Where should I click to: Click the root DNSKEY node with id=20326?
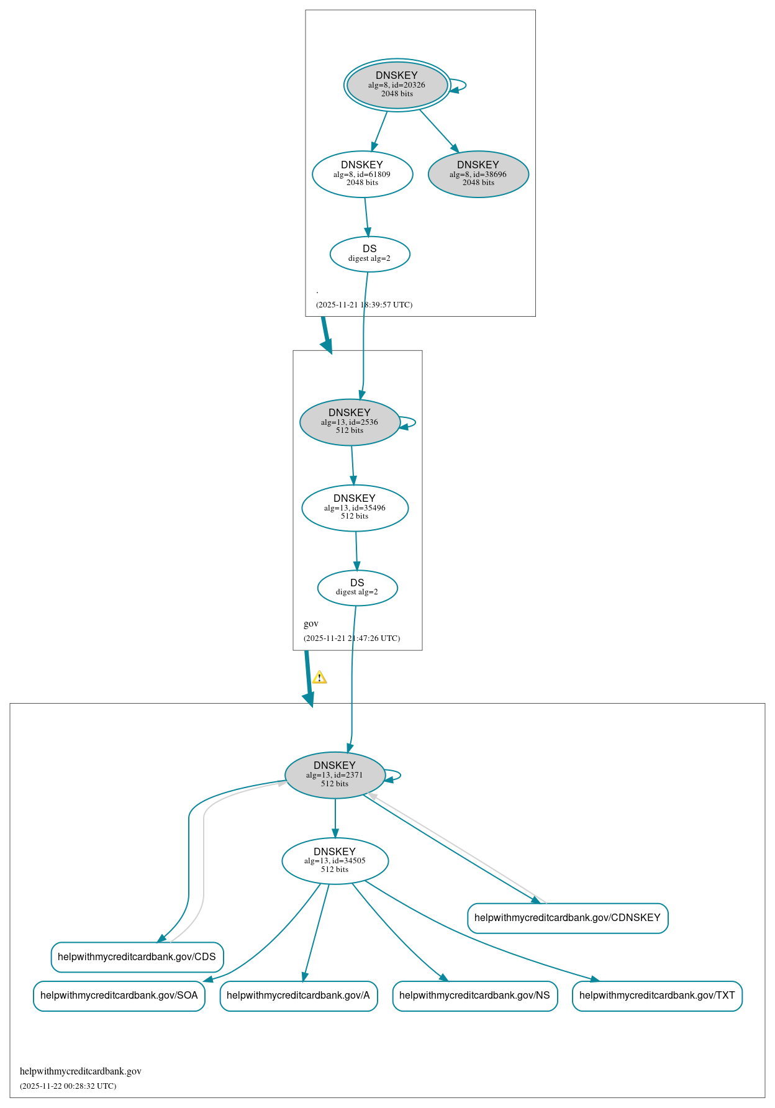(397, 85)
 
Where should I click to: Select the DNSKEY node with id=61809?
(362, 174)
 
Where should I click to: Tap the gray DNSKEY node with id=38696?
(478, 174)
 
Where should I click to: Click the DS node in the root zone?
(369, 254)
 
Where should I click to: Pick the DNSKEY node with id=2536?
(350, 422)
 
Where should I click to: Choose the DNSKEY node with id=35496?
(355, 507)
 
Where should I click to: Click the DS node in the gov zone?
(357, 588)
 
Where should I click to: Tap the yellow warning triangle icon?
(319, 678)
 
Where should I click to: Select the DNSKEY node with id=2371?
(335, 774)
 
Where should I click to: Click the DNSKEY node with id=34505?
(335, 861)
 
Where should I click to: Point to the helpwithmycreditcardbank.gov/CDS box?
(137, 956)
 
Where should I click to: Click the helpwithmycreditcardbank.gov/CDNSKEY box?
(567, 918)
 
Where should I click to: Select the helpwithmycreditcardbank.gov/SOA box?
(119, 996)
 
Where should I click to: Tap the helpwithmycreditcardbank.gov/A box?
(298, 996)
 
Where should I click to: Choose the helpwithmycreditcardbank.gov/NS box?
(474, 996)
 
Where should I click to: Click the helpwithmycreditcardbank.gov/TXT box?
(656, 996)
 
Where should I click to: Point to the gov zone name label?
(311, 624)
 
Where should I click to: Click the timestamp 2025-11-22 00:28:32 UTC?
(68, 1086)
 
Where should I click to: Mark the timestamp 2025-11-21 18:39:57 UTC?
(364, 305)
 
